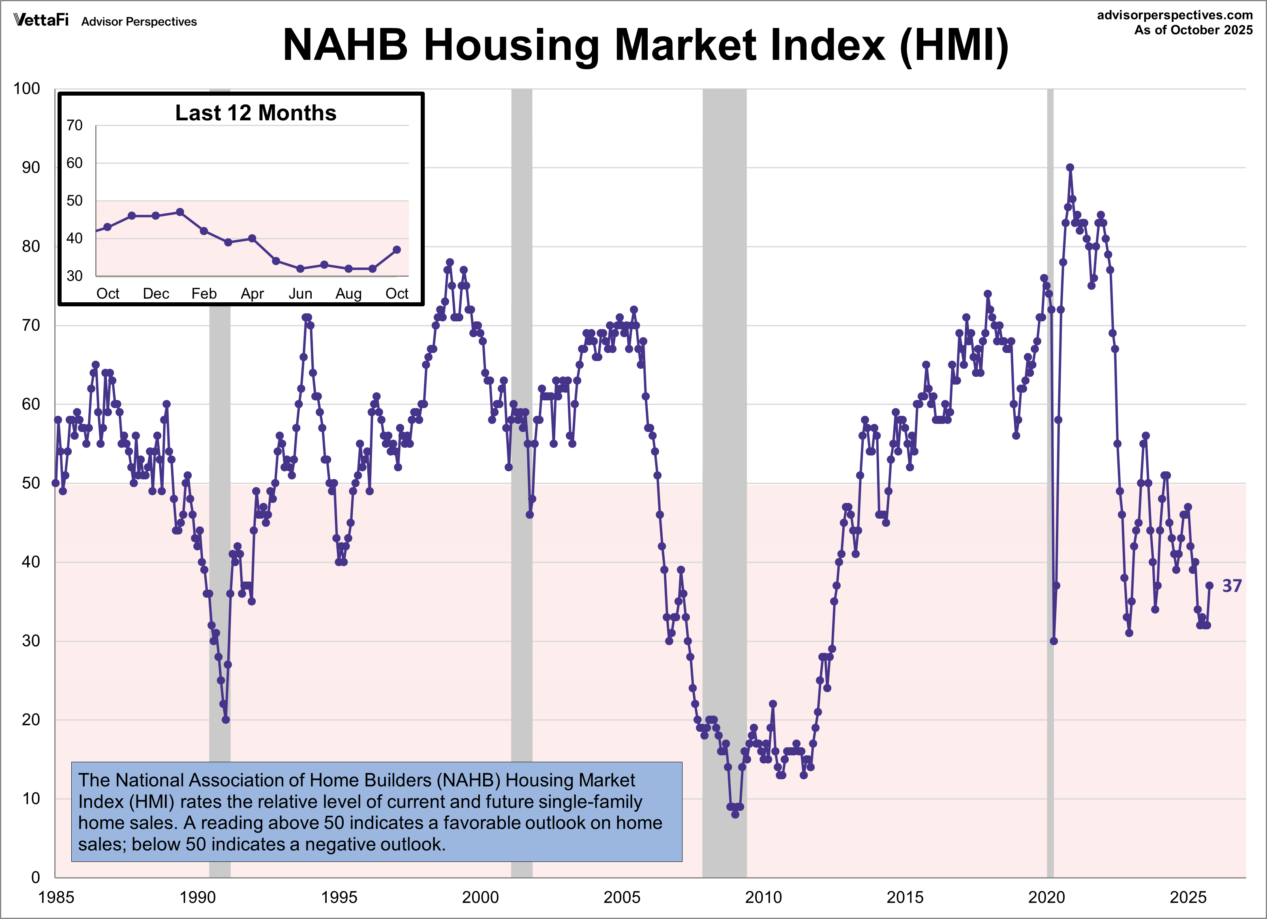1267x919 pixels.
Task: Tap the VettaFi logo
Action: (x=41, y=20)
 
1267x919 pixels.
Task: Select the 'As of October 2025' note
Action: (x=1193, y=30)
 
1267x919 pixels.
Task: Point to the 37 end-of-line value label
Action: (x=1231, y=586)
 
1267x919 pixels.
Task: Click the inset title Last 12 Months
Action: (x=255, y=113)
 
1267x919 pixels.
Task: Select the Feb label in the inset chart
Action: (x=204, y=293)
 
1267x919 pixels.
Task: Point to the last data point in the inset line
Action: (x=397, y=250)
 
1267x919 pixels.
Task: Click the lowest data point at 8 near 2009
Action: (x=735, y=814)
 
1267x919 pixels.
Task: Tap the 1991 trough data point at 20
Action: (x=226, y=720)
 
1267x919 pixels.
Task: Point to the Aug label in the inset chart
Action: (x=348, y=293)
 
